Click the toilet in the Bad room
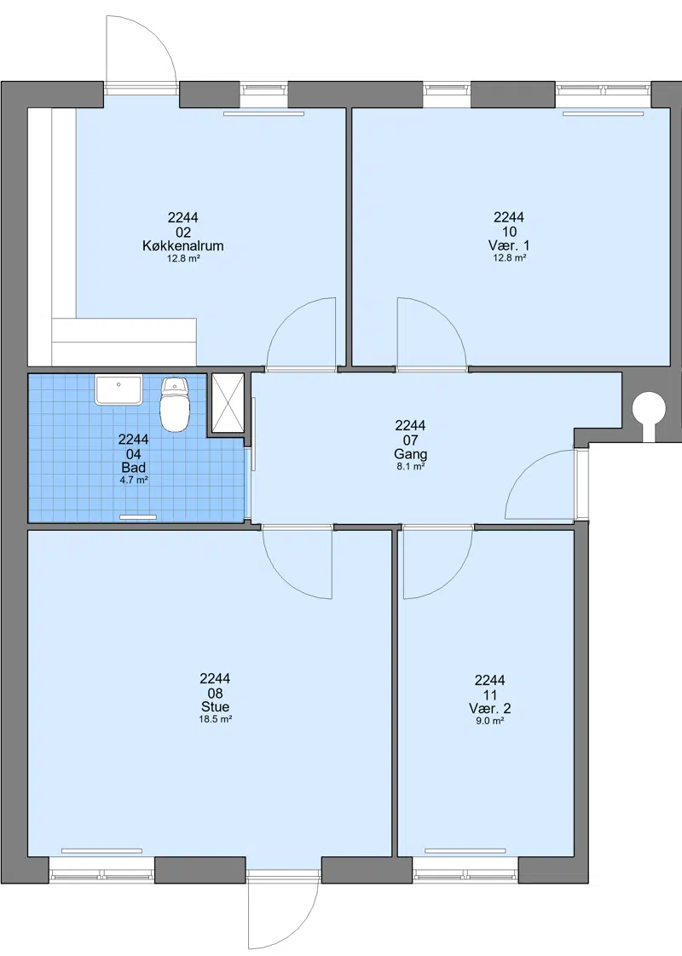174,404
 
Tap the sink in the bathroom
118,390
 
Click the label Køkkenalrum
183,245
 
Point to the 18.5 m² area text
216,719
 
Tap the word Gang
411,454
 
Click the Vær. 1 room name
509,245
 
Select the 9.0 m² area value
490,721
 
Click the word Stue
216,706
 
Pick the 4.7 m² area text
134,480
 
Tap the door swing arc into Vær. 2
452,579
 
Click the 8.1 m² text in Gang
411,467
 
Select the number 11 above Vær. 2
490,694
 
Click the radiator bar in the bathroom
138,517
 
